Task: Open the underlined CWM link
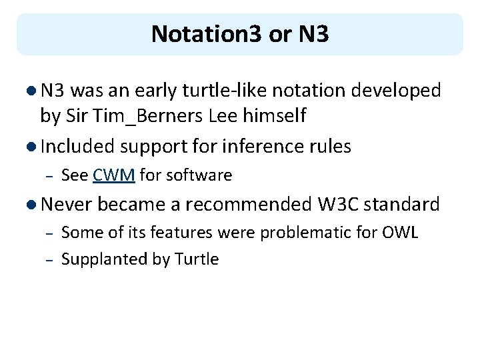click(115, 175)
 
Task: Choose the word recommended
click(248, 203)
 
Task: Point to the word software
click(199, 175)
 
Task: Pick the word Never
click(68, 203)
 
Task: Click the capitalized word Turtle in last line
click(197, 259)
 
